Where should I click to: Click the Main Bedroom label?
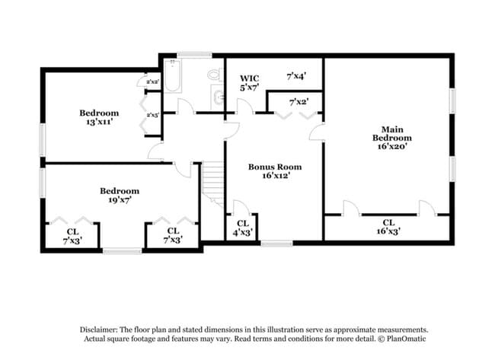[391, 138]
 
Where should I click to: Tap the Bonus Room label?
[275, 170]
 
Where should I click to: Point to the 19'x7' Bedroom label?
[120, 195]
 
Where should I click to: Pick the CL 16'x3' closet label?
[388, 226]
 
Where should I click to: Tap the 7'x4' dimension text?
[296, 77]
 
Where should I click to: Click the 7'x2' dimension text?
[299, 102]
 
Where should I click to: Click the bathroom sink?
[219, 97]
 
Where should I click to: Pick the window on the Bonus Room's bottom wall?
[276, 244]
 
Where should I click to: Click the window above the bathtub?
[194, 54]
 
